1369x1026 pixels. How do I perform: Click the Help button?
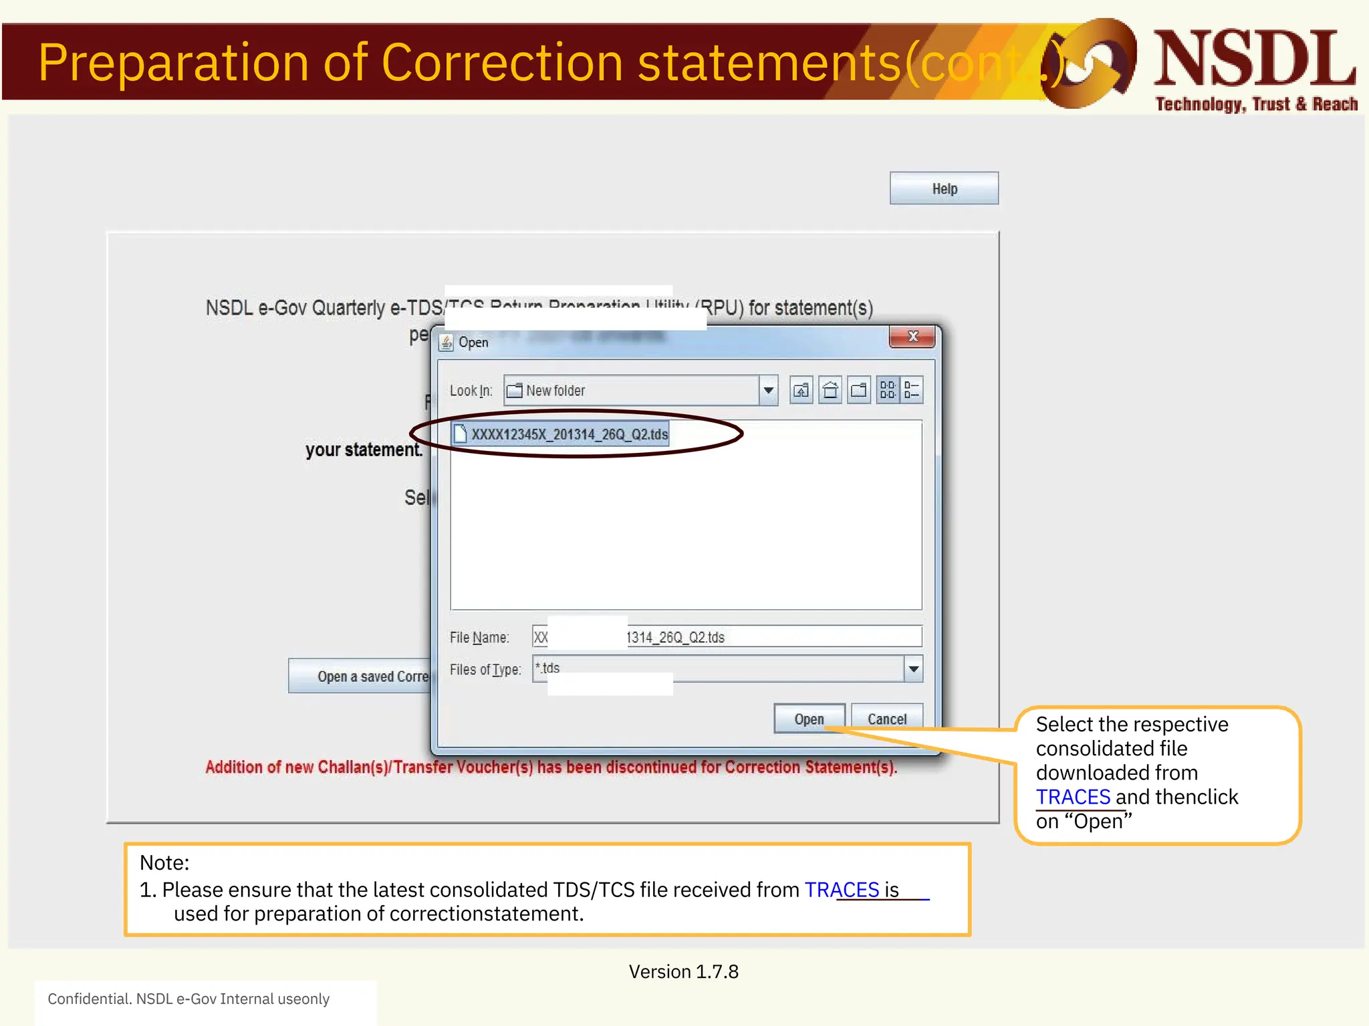click(944, 188)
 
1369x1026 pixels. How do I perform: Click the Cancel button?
click(886, 719)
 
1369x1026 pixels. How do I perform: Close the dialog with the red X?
click(912, 337)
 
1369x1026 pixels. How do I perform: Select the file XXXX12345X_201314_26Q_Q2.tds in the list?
click(569, 434)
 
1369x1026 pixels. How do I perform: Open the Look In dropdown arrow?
click(769, 390)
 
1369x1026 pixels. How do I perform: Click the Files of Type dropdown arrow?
click(913, 669)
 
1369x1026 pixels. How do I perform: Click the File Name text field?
click(769, 637)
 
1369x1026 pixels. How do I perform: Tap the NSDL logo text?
click(1255, 60)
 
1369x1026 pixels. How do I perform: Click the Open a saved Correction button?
click(361, 676)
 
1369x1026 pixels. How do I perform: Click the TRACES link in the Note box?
click(842, 890)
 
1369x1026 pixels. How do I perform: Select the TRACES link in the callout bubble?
click(1073, 797)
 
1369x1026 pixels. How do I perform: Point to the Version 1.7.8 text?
click(683, 971)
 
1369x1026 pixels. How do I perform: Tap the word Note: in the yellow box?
click(164, 862)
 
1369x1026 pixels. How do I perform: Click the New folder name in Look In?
click(555, 391)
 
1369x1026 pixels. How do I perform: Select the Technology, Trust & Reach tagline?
click(1256, 104)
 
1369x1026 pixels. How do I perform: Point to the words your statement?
click(364, 450)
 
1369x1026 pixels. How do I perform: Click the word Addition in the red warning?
click(233, 767)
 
